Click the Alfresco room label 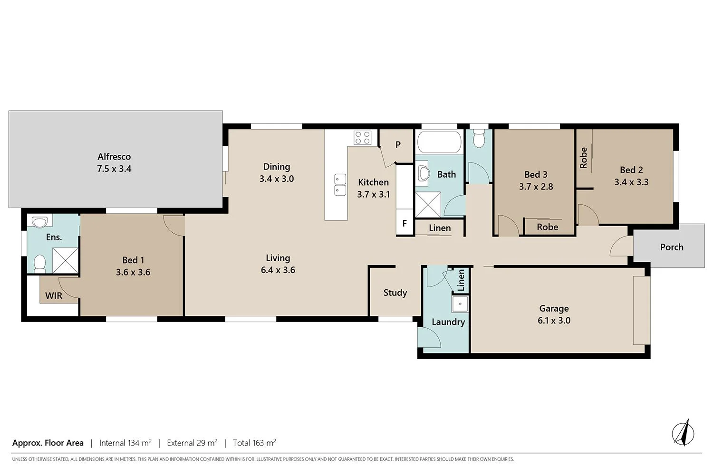(x=114, y=156)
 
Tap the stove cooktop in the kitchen (x=362, y=138)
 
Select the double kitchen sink (x=340, y=185)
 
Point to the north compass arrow (x=683, y=433)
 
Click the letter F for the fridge (x=405, y=223)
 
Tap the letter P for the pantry (x=398, y=145)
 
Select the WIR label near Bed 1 (x=54, y=296)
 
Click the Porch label (x=672, y=247)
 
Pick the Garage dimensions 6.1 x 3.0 (x=554, y=321)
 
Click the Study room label (x=395, y=293)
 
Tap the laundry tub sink (x=460, y=304)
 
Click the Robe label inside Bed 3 (x=547, y=227)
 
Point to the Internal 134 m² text (x=125, y=443)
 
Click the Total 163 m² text (x=254, y=443)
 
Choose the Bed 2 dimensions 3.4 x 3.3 (x=631, y=182)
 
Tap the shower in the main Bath (x=428, y=205)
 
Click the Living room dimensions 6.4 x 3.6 (x=278, y=270)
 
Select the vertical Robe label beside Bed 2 (x=584, y=158)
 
